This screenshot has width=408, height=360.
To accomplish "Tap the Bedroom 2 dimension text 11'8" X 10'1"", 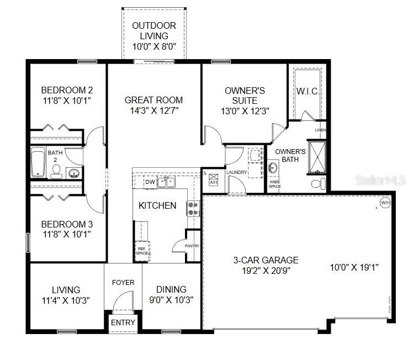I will pyautogui.click(x=66, y=100).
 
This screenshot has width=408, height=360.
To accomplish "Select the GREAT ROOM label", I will pyautogui.click(x=153, y=100).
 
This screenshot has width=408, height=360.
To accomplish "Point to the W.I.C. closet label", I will pyautogui.click(x=308, y=91).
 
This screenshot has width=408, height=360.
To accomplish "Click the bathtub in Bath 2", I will pyautogui.click(x=38, y=162).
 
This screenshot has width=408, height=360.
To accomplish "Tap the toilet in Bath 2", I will pyautogui.click(x=56, y=173).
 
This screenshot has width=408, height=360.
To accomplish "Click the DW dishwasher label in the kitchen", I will pyautogui.click(x=150, y=182).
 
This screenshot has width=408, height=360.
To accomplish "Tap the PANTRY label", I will pyautogui.click(x=192, y=246).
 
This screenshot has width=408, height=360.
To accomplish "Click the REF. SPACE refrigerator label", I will pyautogui.click(x=142, y=251).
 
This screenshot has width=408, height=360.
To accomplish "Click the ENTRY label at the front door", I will pyautogui.click(x=123, y=322).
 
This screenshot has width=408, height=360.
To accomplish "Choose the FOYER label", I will pyautogui.click(x=123, y=283).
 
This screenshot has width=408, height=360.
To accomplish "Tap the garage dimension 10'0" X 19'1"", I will pyautogui.click(x=354, y=267).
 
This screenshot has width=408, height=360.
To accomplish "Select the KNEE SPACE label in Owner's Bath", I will pyautogui.click(x=274, y=184).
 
